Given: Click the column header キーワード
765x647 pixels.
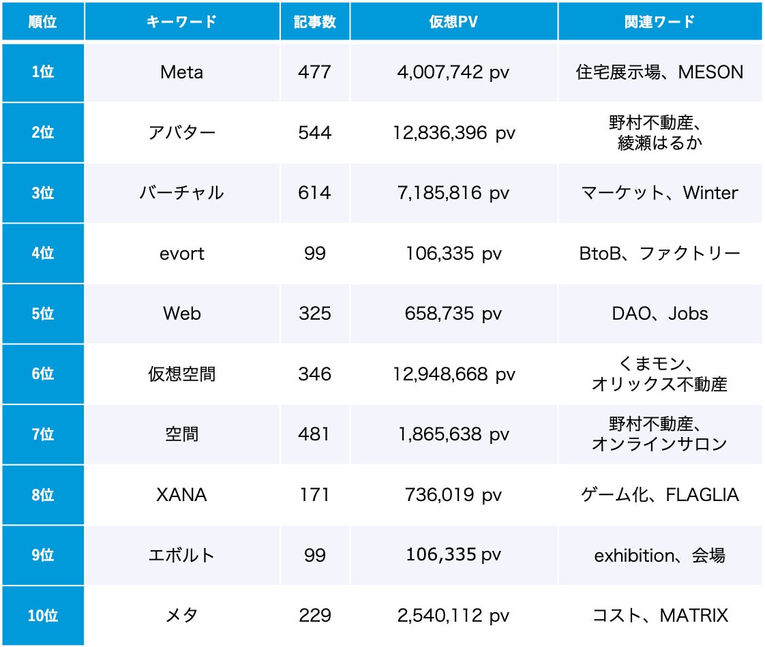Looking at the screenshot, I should [x=181, y=22].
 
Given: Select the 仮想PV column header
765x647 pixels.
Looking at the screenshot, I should [x=453, y=22].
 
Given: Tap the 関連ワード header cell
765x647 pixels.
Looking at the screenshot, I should [x=659, y=22].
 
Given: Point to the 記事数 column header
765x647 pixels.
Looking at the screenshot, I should [x=314, y=22].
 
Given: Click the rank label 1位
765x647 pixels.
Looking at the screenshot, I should [x=42, y=72].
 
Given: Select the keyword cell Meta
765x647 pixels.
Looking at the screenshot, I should [x=181, y=72].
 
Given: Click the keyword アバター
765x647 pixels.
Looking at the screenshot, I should [x=181, y=132].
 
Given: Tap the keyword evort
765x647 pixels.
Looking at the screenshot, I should [x=181, y=254].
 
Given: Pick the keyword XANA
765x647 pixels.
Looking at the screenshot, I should [x=181, y=495].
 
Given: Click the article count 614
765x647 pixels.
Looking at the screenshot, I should [x=314, y=193].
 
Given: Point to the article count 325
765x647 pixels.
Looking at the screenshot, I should [x=314, y=314].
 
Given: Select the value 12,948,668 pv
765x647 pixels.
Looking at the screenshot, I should [x=453, y=374].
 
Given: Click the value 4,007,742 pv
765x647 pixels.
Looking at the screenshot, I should [x=453, y=72].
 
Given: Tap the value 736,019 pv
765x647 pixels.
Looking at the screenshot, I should [x=453, y=495].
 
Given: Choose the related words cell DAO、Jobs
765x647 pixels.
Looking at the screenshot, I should [x=659, y=314].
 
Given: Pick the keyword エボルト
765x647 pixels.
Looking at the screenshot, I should [x=181, y=556].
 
